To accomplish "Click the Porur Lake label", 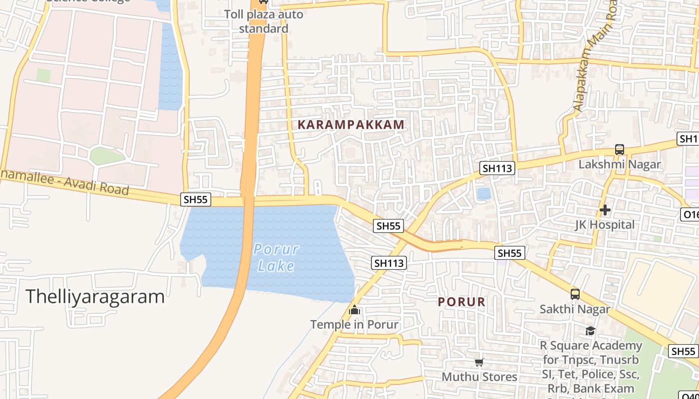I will point(276,257).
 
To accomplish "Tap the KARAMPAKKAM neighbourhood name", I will point(351,125).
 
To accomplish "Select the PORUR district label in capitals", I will point(462,302).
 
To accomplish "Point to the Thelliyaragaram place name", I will point(95,296).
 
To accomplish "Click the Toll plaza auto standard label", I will point(264,21).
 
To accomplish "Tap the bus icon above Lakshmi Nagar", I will point(620,150).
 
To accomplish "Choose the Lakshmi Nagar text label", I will point(620,164).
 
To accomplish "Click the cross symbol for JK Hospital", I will point(605,210).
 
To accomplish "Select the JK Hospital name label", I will point(605,224).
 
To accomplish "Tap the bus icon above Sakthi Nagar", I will point(575,294).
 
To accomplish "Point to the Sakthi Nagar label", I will point(575,309).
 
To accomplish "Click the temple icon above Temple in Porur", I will point(354,310).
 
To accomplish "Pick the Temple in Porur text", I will point(354,325).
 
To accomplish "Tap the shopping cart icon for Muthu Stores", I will point(479,362).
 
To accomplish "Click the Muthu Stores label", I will point(479,377).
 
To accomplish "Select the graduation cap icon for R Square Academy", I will point(590,331).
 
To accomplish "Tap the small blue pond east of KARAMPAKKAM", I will point(483,194).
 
